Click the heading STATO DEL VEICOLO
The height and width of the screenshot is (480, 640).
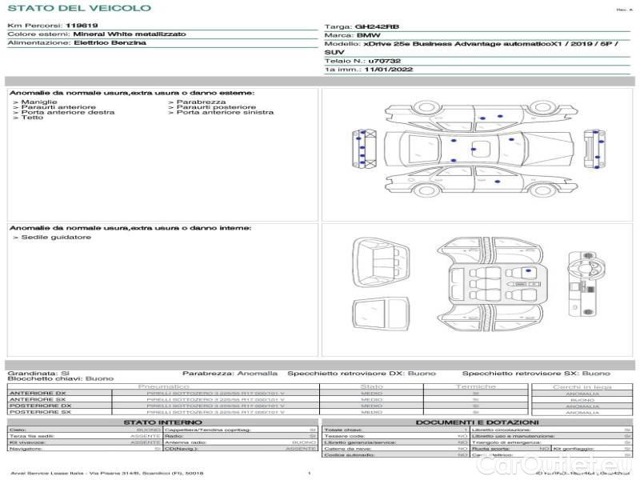click(78, 8)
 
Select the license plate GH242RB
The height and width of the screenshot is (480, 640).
click(376, 26)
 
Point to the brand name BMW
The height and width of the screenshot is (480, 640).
click(369, 36)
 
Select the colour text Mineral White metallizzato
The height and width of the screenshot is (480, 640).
click(129, 34)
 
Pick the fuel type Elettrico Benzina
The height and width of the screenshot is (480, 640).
click(110, 42)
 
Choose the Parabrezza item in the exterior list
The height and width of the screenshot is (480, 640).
click(201, 102)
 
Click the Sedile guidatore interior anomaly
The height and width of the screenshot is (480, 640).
click(56, 237)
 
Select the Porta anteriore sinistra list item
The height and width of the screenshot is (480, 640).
click(225, 112)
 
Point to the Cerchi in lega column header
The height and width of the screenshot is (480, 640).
click(582, 386)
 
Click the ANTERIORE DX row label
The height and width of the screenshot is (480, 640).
click(39, 393)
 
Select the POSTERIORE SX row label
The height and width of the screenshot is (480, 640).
click(39, 412)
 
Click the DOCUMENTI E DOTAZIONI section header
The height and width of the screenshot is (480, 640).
click(477, 422)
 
